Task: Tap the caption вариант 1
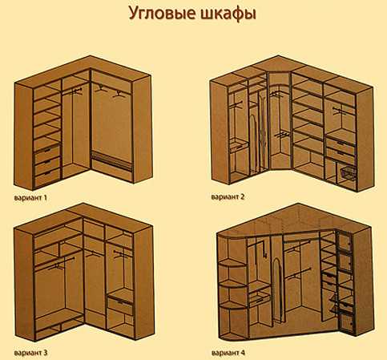(30, 198)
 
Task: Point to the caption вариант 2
(228, 197)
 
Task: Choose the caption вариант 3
(30, 353)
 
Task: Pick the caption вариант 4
(228, 353)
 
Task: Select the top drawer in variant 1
(47, 152)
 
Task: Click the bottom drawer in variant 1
(48, 178)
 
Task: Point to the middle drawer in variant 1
(47, 165)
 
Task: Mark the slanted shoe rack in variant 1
(112, 161)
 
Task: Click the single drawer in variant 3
(120, 305)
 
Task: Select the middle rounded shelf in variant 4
(233, 284)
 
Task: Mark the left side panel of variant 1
(23, 136)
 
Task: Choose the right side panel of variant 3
(143, 283)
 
